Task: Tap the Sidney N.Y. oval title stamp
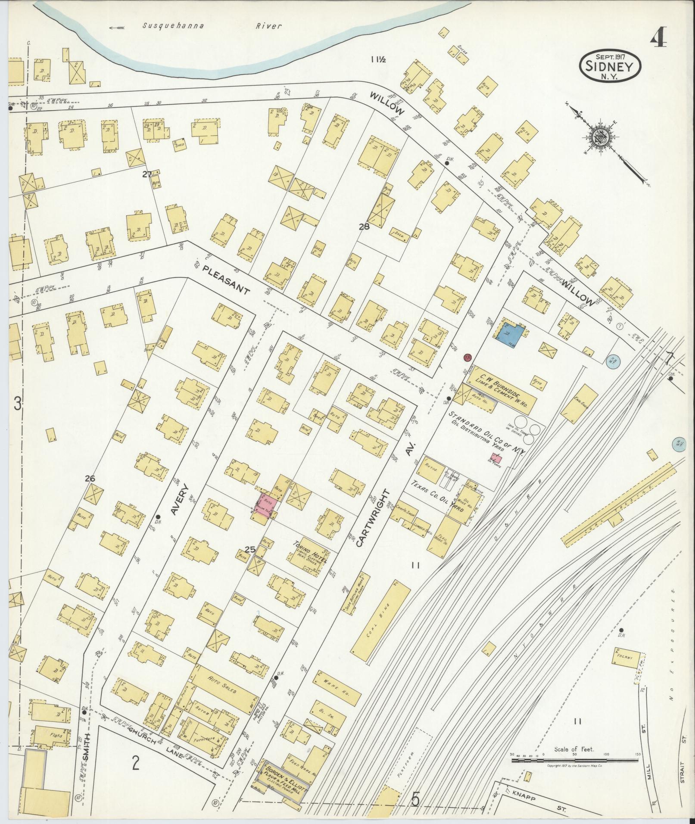click(x=610, y=67)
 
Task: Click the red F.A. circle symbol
click(x=467, y=357)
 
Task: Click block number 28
click(x=364, y=227)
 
